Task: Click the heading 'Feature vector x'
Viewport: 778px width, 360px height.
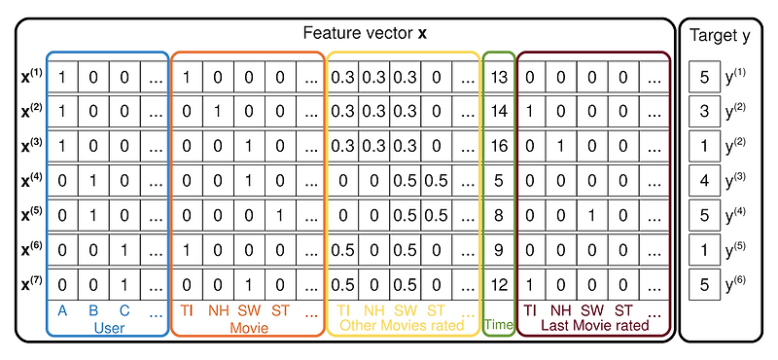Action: pos(366,33)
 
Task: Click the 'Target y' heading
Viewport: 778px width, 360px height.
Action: pos(720,36)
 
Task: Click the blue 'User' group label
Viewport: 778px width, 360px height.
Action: pos(108,327)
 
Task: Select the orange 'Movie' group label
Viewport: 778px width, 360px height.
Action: pos(249,328)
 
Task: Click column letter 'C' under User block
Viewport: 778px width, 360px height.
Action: pos(124,310)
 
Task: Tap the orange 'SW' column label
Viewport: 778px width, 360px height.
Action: pos(250,310)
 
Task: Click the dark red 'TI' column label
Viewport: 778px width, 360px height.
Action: pos(530,310)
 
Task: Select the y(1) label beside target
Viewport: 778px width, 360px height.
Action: pos(734,76)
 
